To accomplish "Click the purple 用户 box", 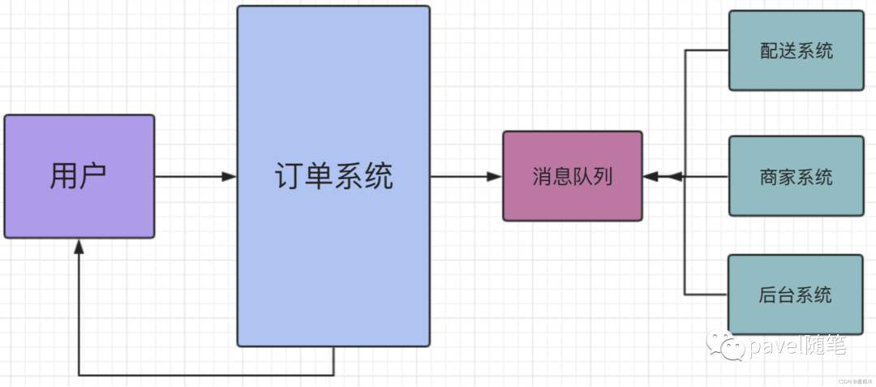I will coord(79,176).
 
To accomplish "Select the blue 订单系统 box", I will coord(333,176).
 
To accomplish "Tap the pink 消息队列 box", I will coord(573,176).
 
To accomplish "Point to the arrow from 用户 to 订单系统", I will coord(195,176).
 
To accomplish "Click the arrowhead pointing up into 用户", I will coord(79,247).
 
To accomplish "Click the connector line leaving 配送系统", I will coord(706,50).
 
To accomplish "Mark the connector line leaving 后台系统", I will coord(706,294).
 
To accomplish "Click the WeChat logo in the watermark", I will coord(724,346).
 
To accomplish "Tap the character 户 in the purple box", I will coord(93,176).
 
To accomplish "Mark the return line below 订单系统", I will coord(203,375).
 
